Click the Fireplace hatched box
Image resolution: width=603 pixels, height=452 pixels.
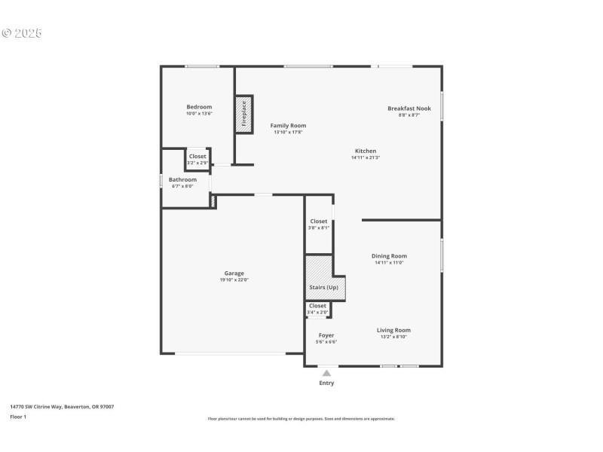243,115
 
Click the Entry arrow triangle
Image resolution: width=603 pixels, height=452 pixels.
326,373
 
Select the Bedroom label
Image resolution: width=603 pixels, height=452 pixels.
200,107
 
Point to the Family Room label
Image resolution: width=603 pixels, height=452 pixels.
289,126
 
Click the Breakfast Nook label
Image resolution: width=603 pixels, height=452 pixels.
409,108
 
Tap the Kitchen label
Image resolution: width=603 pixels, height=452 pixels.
366,151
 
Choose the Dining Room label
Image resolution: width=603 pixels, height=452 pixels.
390,256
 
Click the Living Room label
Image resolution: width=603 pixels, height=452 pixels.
393,330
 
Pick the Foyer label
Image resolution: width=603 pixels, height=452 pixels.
326,335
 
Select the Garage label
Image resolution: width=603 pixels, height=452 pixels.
234,273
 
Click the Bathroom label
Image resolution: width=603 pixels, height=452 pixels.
182,179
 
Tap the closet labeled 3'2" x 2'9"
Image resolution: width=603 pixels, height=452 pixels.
197,159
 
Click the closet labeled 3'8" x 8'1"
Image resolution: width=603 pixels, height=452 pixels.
319,224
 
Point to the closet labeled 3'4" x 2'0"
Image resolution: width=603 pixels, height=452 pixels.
317,308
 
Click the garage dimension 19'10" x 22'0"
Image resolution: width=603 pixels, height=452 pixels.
234,280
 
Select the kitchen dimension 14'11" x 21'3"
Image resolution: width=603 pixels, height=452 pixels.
366,157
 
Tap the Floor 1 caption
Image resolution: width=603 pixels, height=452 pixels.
18,417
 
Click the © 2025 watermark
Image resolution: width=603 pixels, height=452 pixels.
22,33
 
